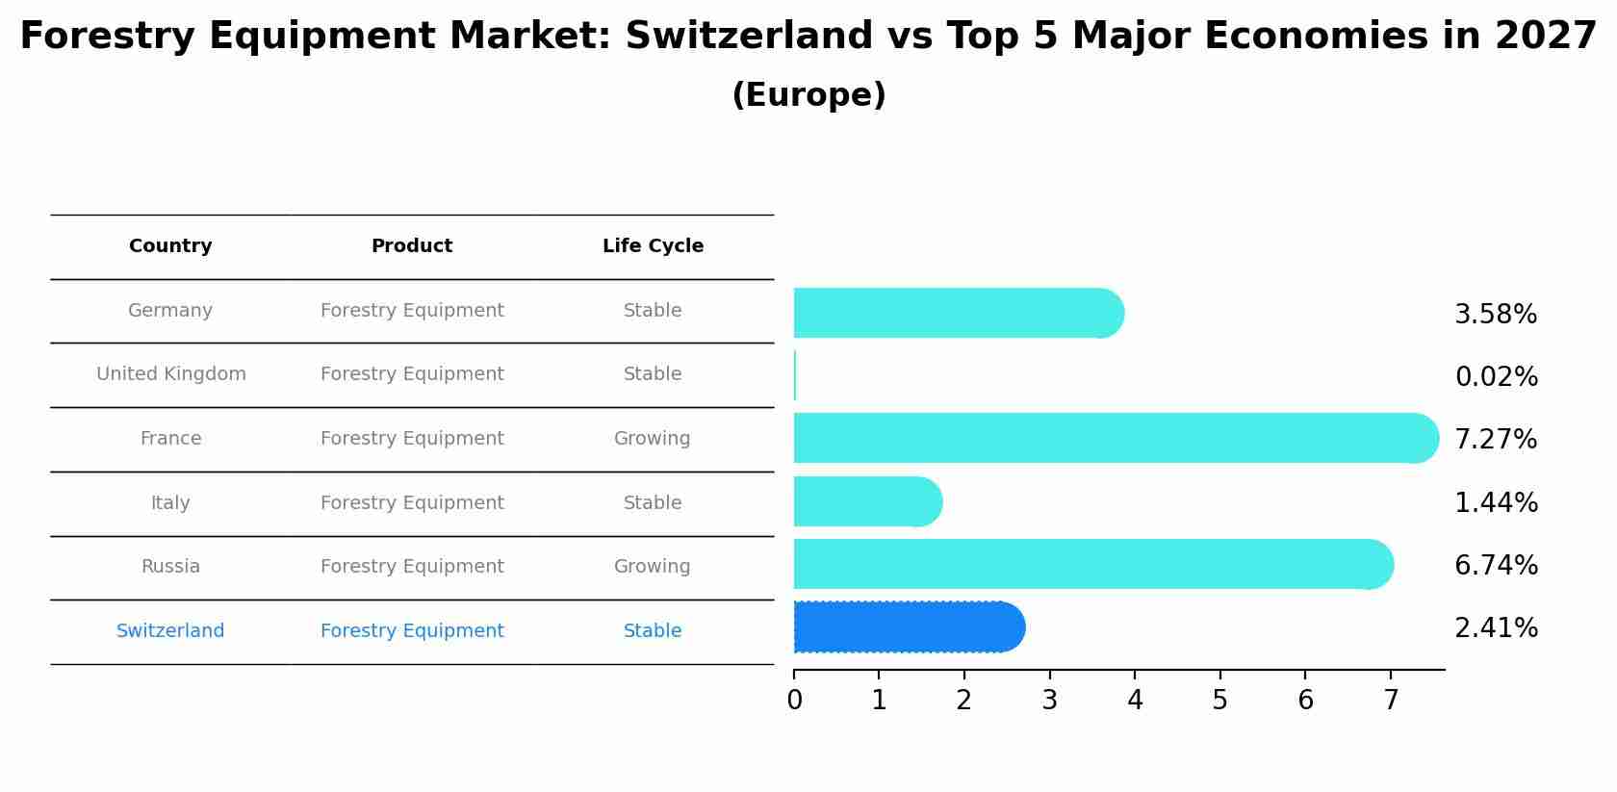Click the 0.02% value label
tap(1496, 377)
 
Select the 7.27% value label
tap(1496, 440)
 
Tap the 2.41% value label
tap(1496, 628)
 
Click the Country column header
tap(170, 246)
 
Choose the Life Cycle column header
tap(653, 246)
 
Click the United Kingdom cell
tap(170, 374)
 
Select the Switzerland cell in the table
tap(170, 631)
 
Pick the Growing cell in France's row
tap(652, 439)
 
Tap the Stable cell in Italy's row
tap(652, 503)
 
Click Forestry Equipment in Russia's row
tap(412, 567)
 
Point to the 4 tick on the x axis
tap(1135, 701)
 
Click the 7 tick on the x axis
tap(1391, 701)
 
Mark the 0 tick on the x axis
tap(794, 701)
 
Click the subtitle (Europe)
tap(808, 95)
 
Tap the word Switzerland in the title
tap(749, 37)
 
